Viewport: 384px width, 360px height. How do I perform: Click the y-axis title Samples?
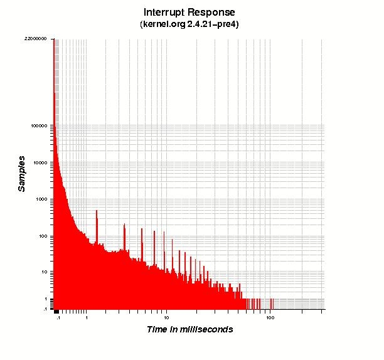22,173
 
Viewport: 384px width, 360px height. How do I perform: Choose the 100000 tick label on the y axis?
41,125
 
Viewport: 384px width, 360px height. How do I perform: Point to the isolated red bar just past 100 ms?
272,304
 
